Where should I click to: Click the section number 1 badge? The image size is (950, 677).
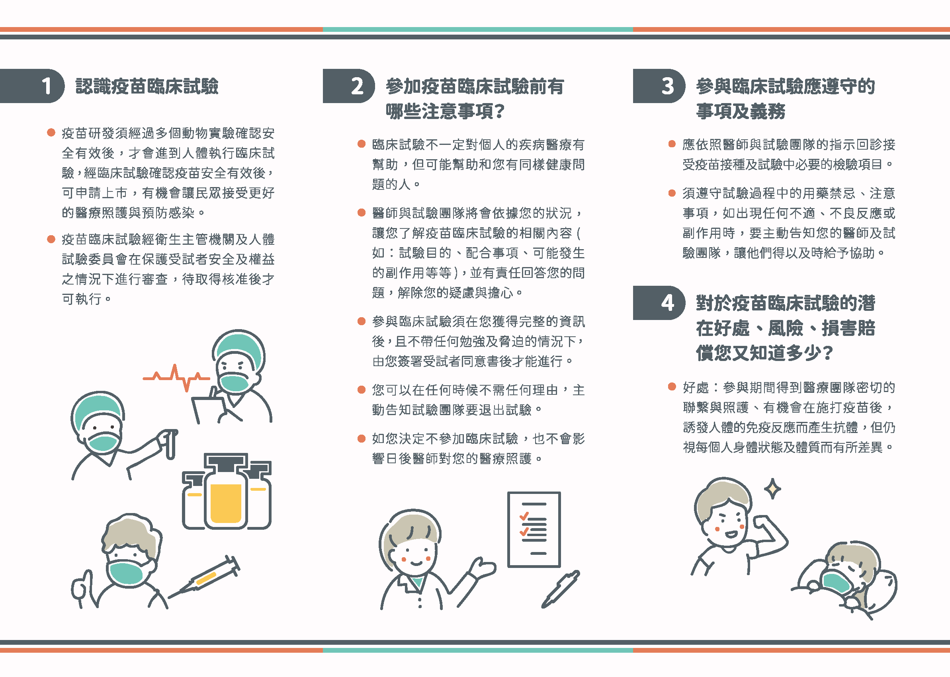pyautogui.click(x=33, y=86)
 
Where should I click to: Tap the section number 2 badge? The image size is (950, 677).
pyautogui.click(x=349, y=86)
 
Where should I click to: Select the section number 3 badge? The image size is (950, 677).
pyautogui.click(x=659, y=86)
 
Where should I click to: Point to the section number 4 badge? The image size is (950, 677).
pyautogui.click(x=659, y=302)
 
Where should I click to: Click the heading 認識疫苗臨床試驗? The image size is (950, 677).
pyautogui.click(x=147, y=86)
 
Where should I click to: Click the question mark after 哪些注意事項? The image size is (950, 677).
pyautogui.click(x=499, y=111)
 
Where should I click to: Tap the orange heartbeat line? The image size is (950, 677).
pyautogui.click(x=176, y=378)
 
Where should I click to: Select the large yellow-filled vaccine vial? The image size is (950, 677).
pyautogui.click(x=226, y=492)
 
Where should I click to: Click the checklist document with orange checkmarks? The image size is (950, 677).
pyautogui.click(x=534, y=529)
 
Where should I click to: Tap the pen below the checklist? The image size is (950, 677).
pyautogui.click(x=561, y=589)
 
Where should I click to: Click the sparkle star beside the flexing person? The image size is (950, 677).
pyautogui.click(x=772, y=489)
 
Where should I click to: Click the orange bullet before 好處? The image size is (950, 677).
pyautogui.click(x=672, y=386)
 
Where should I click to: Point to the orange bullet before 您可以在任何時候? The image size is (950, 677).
pyautogui.click(x=362, y=389)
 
